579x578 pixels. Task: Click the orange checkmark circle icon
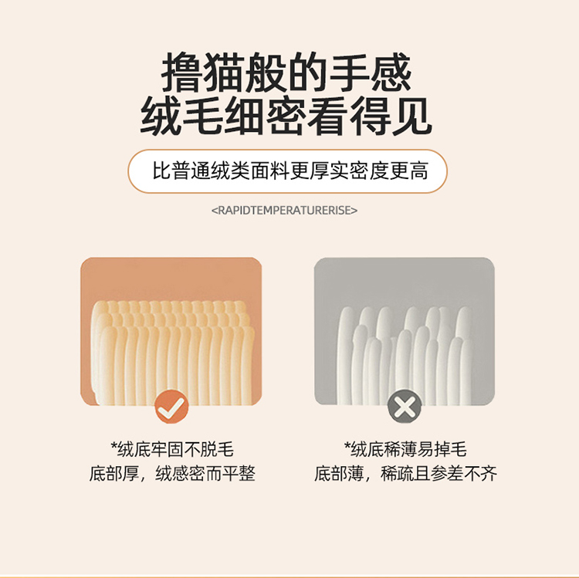pos(171,407)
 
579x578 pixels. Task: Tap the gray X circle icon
pos(405,407)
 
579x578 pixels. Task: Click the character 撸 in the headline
pos(182,72)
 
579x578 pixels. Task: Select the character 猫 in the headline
pos(224,72)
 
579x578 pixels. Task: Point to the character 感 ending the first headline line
pos(391,72)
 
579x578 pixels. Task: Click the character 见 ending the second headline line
pos(411,117)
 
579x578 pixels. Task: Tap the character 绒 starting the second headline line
pos(161,117)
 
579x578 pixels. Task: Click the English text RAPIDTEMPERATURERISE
pos(284,211)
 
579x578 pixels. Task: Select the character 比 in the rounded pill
pos(162,171)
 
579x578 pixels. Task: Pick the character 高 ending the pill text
pos(418,171)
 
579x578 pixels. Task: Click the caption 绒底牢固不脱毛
pos(175,449)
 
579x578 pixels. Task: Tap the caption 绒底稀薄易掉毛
pos(408,449)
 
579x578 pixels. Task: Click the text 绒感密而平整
pos(205,473)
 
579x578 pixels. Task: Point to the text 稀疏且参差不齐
pos(438,473)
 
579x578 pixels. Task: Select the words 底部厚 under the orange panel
pos(114,473)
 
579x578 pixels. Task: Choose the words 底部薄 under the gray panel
pos(339,473)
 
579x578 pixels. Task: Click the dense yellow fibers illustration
pos(173,353)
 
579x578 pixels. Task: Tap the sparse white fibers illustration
pos(405,356)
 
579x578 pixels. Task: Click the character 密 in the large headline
pos(286,117)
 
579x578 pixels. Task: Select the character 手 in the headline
pos(349,72)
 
